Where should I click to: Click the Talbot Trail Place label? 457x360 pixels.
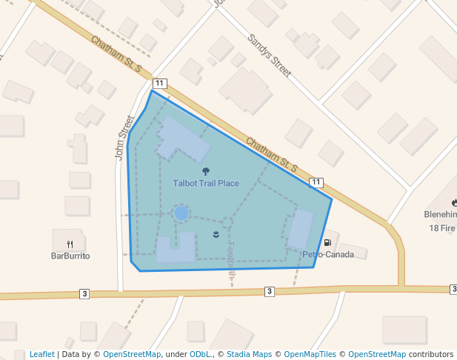(206, 183)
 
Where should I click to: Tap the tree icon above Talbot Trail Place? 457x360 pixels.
(206, 171)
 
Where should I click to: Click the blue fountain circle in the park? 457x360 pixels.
(181, 213)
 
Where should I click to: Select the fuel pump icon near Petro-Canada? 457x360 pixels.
(327, 243)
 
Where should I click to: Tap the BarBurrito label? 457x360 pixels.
(70, 256)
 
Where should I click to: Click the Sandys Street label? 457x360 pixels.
(270, 56)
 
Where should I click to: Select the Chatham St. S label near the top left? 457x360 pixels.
(116, 54)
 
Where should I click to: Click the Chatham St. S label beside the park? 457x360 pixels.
(271, 154)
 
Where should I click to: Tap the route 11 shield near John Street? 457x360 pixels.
(160, 83)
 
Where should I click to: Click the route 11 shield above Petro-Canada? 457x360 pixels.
(317, 182)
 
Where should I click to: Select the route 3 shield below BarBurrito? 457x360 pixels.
(84, 294)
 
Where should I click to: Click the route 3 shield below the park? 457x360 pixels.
(270, 292)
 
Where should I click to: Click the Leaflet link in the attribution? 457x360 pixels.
(42, 355)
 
